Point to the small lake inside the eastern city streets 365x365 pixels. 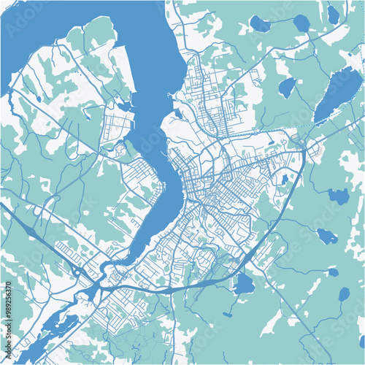coord(283,178)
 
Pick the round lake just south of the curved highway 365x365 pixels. coord(244,284)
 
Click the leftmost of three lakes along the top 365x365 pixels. coord(260,24)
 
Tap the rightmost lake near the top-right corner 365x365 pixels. coord(333,14)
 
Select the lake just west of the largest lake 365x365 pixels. coord(287,88)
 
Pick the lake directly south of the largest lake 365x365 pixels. coord(337,196)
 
